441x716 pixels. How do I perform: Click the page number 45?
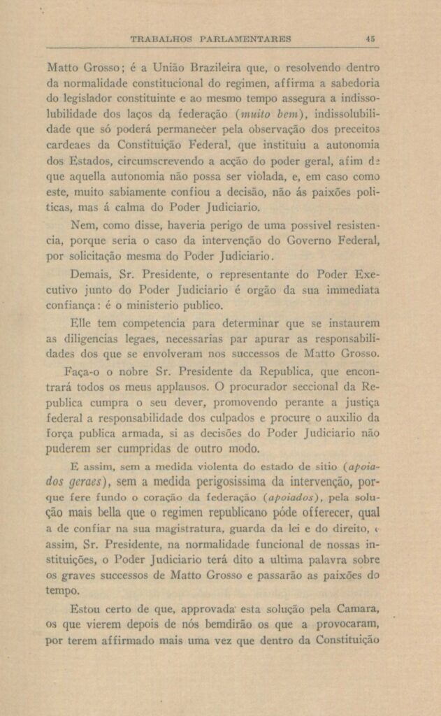coord(372,39)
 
